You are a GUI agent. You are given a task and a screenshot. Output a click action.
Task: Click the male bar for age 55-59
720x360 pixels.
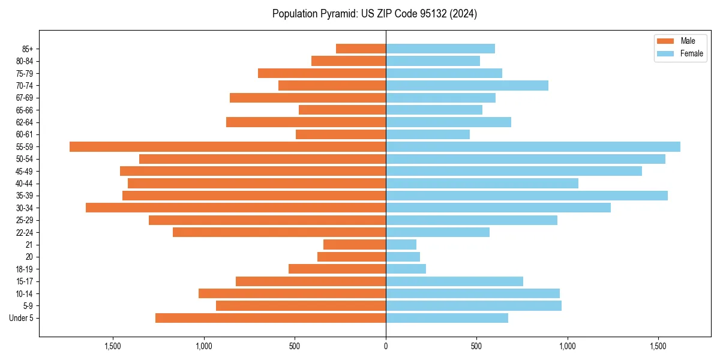point(227,146)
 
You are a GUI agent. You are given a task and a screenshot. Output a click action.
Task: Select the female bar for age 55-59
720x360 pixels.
point(533,146)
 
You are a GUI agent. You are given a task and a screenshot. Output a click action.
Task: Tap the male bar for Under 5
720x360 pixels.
point(271,318)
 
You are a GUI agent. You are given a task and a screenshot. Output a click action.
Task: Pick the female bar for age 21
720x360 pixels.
point(401,244)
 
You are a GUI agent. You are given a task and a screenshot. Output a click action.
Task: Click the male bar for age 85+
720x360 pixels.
point(361,49)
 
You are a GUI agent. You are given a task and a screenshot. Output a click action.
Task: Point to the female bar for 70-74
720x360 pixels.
point(467,85)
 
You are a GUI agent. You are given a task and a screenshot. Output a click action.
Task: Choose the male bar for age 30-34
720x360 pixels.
point(236,208)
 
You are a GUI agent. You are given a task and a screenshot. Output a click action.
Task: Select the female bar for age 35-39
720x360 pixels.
point(527,196)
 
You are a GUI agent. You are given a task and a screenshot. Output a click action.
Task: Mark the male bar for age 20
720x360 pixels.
point(352,257)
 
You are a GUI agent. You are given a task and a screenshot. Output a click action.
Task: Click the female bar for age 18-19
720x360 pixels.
point(406,269)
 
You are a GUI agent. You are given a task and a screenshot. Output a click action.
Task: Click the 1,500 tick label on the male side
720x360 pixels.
point(113,346)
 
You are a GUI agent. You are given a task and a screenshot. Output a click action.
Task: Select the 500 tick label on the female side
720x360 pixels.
point(476,346)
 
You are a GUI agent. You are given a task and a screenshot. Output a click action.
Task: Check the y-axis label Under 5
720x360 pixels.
point(22,318)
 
